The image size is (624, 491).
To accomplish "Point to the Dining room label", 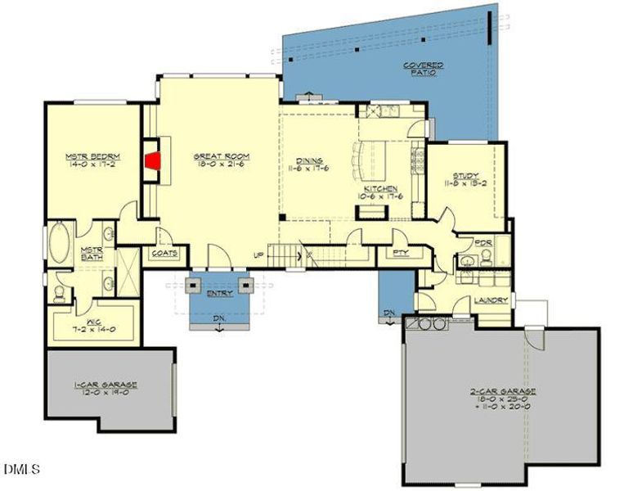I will [x=310, y=160].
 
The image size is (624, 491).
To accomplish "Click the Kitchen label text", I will [x=380, y=188].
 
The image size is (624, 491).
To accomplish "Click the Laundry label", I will [x=490, y=300].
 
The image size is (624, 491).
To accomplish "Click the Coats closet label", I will [x=164, y=254].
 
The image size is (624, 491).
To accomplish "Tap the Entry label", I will [x=219, y=292].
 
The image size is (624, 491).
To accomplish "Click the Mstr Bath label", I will [x=90, y=255].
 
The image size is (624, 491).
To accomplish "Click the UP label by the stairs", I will [x=258, y=256].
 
